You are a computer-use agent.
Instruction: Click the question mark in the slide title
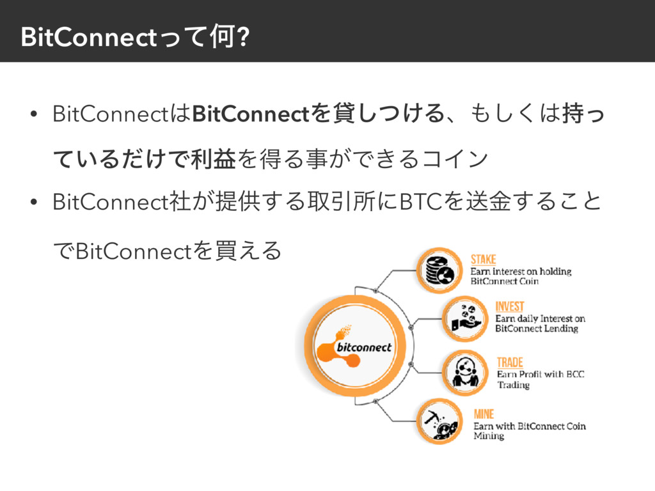[241, 38]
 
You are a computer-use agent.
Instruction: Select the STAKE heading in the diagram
[484, 259]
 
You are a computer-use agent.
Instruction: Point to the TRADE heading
[510, 362]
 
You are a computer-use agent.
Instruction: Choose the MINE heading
[484, 414]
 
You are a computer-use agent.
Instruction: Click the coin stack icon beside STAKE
[439, 270]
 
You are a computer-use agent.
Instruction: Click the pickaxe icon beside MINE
[439, 421]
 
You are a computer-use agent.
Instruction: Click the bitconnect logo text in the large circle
[363, 347]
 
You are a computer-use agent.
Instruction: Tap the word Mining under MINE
[489, 436]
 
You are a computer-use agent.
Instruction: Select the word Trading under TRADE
[514, 385]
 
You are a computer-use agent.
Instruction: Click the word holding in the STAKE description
[554, 271]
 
